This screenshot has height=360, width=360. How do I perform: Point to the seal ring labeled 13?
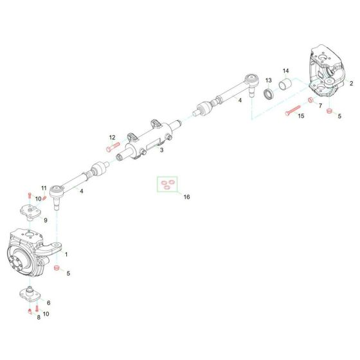(268, 93)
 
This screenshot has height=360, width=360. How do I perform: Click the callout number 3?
(162, 150)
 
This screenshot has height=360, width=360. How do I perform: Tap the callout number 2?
(351, 84)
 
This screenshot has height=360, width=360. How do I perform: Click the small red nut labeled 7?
(311, 101)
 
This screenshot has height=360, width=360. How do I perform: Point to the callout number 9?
(45, 219)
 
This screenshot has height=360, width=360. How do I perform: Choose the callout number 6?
(48, 303)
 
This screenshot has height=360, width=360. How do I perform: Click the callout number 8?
(38, 316)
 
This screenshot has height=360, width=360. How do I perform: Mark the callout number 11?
(44, 188)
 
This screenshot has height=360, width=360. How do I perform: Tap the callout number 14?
(286, 70)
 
